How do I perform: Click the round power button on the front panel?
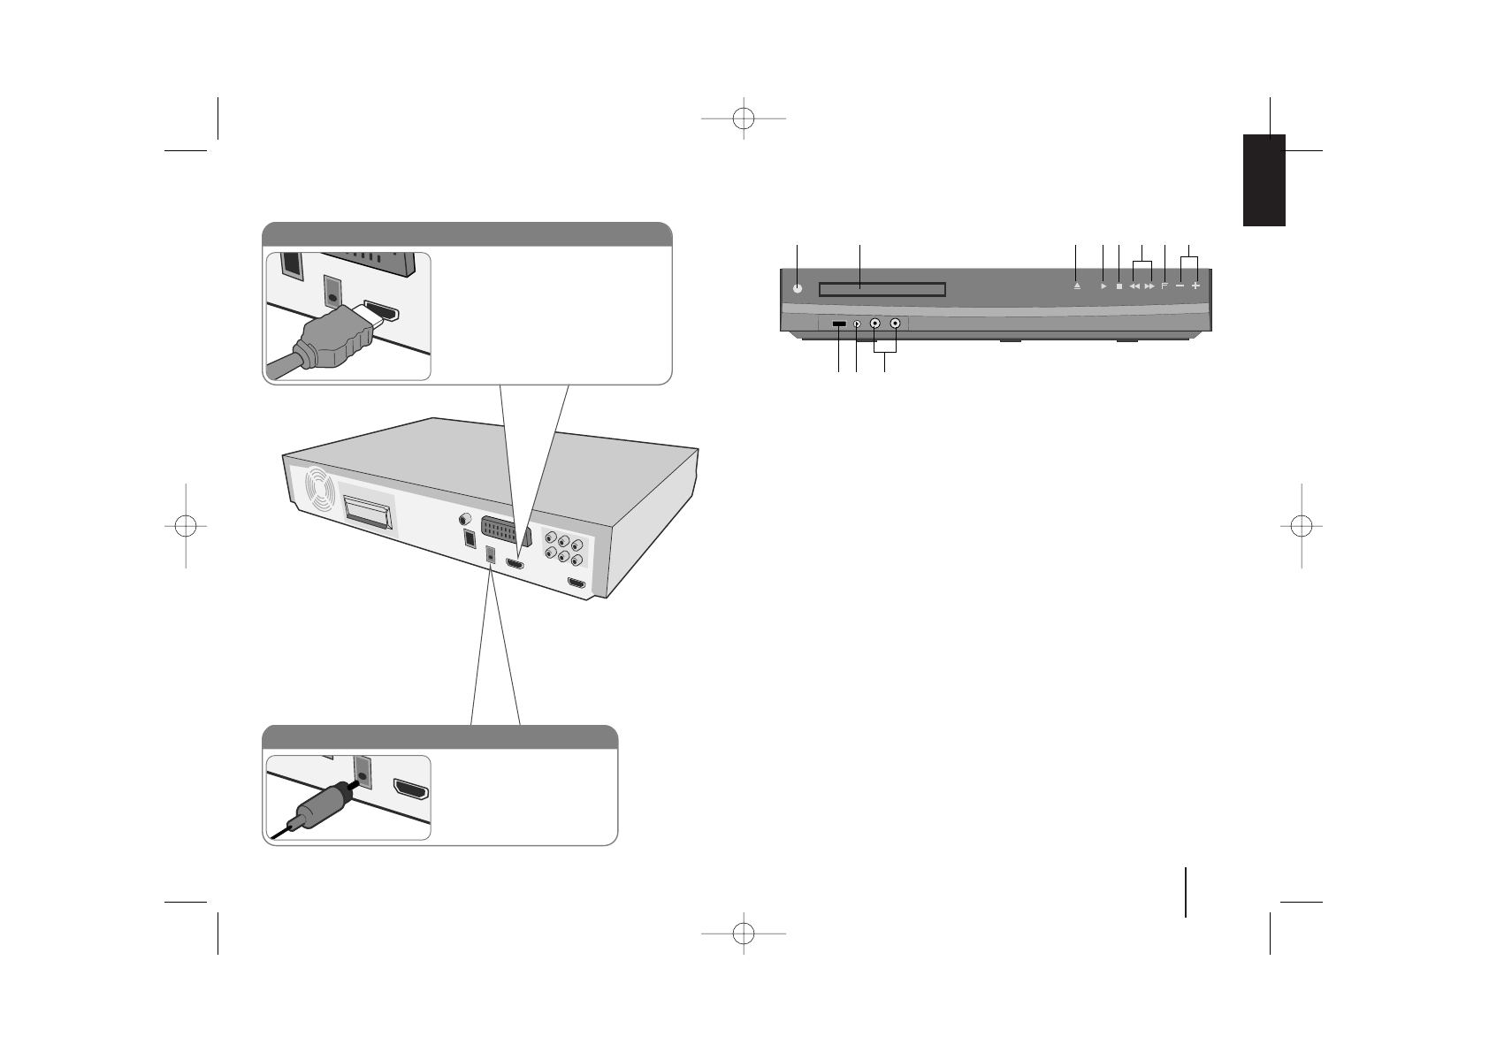point(798,287)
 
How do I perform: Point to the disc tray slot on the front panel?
point(882,289)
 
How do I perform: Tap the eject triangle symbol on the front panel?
point(1076,286)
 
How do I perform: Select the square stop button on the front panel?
point(1119,286)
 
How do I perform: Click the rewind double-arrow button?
point(1134,286)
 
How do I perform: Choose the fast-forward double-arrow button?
point(1149,286)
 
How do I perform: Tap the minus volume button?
point(1180,286)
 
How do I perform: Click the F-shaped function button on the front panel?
point(1164,286)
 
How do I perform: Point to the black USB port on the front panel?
point(839,324)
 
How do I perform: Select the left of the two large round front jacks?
point(874,324)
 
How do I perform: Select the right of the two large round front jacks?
point(896,324)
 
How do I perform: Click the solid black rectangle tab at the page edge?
point(1264,180)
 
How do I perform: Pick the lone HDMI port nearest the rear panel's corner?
point(577,583)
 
